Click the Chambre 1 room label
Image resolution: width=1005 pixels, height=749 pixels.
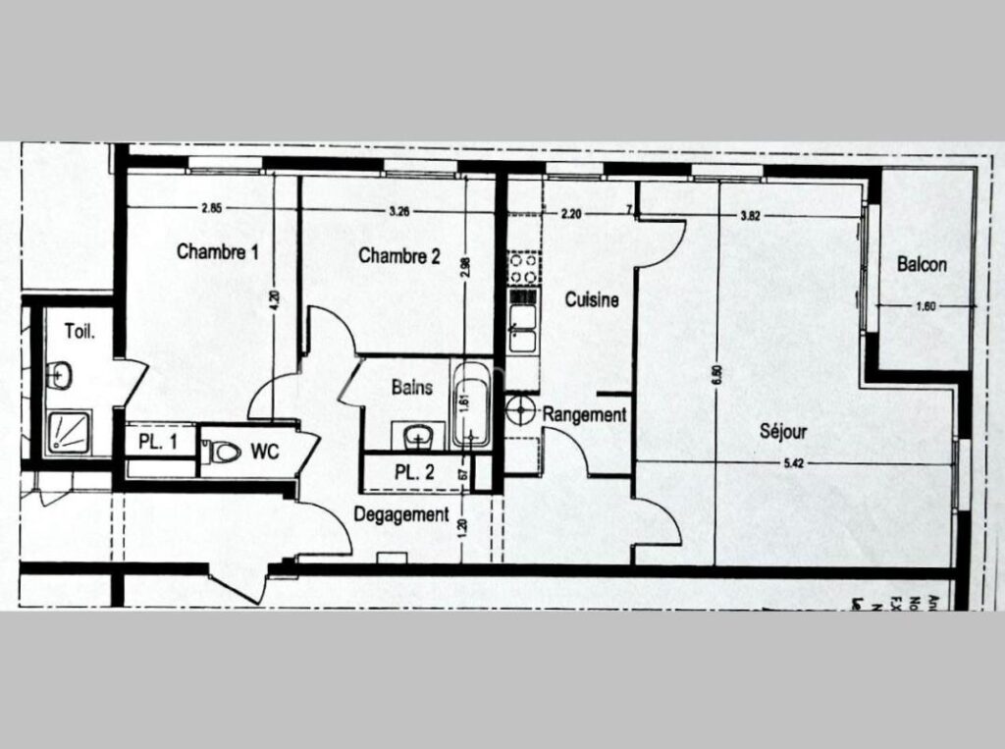click(218, 252)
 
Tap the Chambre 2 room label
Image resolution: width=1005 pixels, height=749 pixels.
click(399, 257)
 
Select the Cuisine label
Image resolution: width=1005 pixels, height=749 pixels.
click(592, 300)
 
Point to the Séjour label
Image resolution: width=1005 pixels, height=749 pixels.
click(784, 431)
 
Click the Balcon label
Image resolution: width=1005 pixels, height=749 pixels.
click(923, 265)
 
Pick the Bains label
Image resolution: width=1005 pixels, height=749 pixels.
click(412, 387)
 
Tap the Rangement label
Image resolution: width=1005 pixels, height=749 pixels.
click(585, 415)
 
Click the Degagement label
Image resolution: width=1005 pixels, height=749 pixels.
click(401, 513)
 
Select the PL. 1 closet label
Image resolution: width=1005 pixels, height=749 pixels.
click(158, 443)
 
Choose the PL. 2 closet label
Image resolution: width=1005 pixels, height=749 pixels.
click(415, 471)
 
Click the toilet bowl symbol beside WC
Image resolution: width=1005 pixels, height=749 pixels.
click(222, 453)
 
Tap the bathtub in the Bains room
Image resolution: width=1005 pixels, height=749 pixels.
click(473, 405)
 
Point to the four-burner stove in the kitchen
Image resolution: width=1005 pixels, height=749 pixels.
click(522, 265)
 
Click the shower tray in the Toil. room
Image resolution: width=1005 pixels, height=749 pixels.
click(68, 432)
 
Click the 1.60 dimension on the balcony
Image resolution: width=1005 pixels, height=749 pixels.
click(926, 306)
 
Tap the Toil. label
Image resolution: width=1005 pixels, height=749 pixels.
click(79, 332)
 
